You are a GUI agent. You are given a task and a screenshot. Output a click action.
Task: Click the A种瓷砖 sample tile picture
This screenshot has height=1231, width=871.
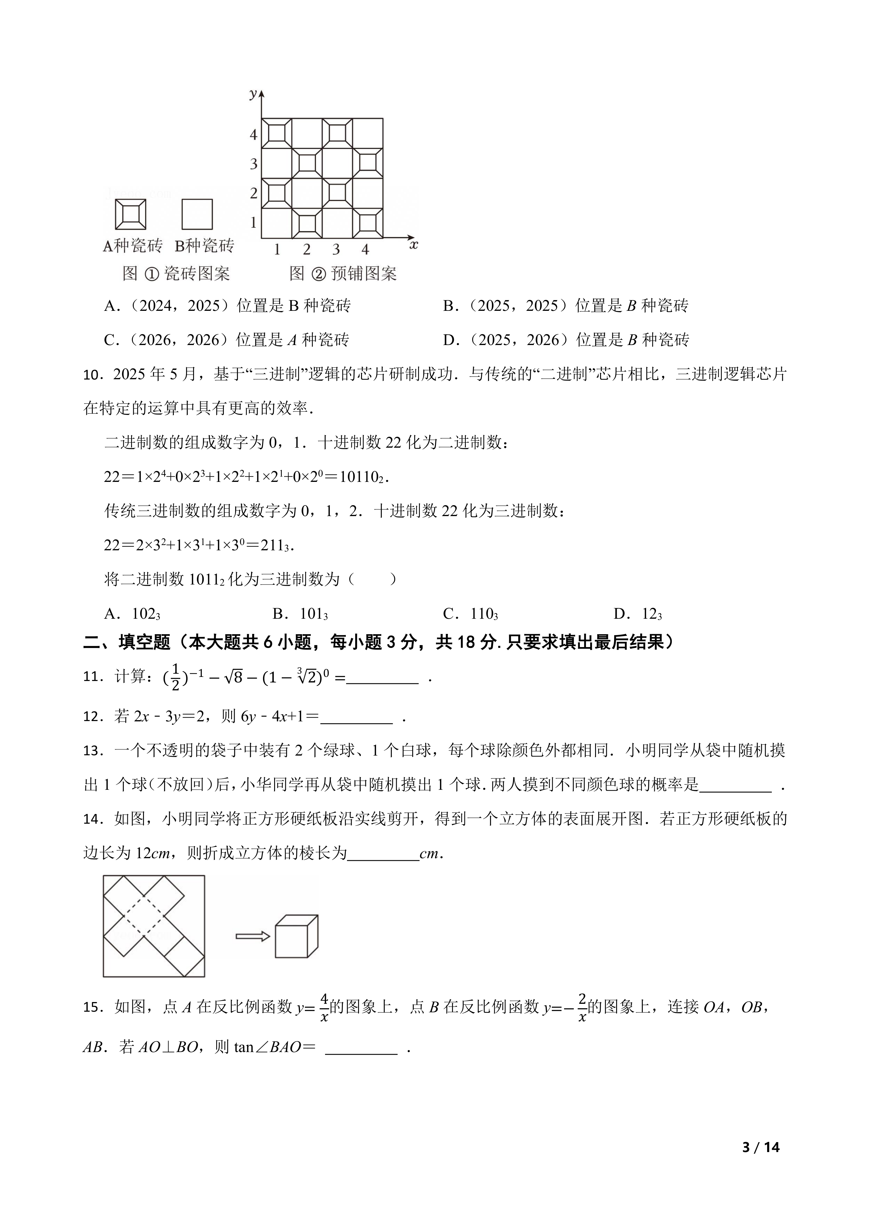click(130, 214)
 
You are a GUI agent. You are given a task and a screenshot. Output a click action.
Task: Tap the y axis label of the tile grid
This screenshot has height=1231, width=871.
click(253, 94)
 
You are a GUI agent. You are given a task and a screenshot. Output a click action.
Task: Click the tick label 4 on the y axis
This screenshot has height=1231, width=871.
click(254, 135)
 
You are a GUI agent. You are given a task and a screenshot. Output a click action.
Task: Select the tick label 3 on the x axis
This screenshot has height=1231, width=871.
click(336, 249)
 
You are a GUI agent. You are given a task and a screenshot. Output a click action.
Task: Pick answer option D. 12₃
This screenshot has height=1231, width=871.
click(638, 614)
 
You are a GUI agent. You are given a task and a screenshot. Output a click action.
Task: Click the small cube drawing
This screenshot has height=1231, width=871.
click(296, 936)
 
